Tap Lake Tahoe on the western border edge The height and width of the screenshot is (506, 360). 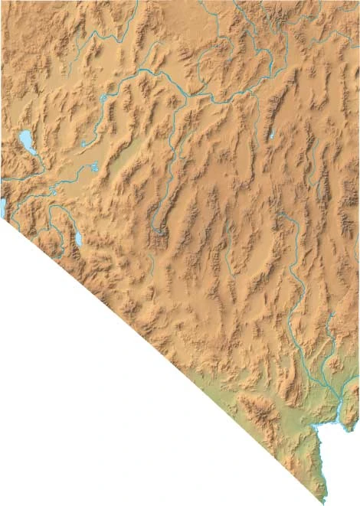point(3,206)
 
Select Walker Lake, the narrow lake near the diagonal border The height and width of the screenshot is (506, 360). point(77,239)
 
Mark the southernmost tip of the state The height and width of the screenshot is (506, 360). point(325,501)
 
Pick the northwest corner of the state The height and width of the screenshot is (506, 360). point(2,2)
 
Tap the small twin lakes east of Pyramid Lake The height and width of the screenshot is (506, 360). point(93,166)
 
